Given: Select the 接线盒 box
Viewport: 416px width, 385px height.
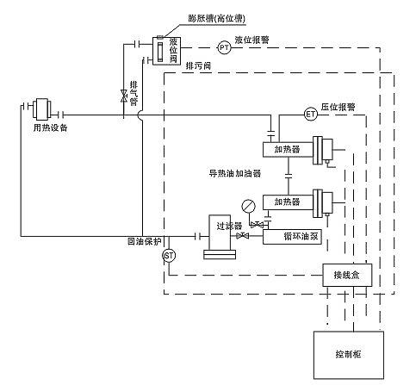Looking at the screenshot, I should coord(345,276).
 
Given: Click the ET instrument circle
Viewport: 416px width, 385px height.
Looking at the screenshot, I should coord(310,112).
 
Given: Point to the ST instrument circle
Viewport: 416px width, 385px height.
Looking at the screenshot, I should coord(169,255).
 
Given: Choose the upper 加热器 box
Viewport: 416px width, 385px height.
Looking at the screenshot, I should coord(287,149).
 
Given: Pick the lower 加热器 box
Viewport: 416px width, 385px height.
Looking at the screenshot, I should coord(287,202).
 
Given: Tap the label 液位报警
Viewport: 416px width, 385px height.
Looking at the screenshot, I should coord(251,40).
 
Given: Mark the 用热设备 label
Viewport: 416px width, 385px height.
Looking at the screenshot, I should coord(44,127).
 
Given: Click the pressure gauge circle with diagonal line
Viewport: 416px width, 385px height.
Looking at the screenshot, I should coord(248,205).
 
